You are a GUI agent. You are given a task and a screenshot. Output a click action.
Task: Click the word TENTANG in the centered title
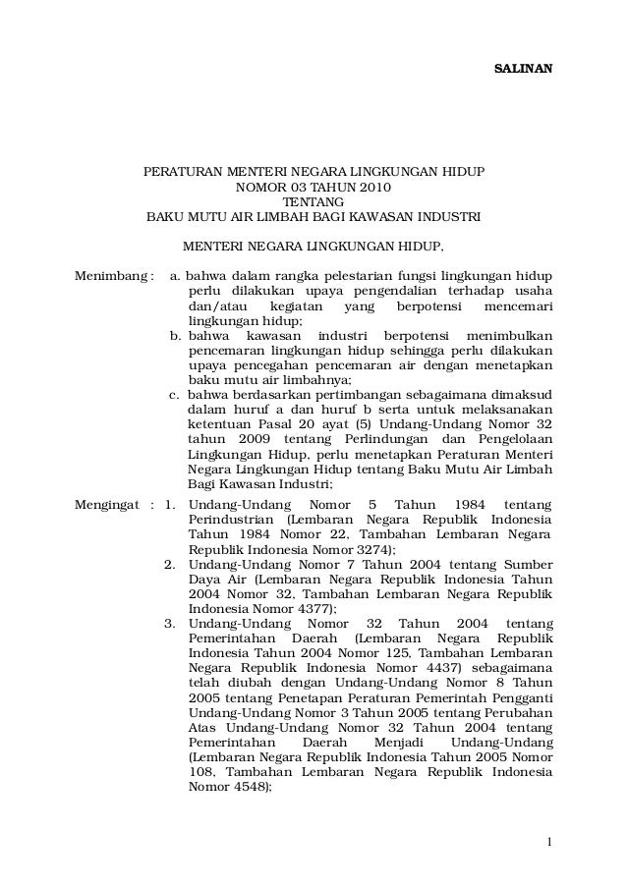[313, 202]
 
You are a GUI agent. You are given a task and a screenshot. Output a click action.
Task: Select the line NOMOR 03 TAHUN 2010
[313, 187]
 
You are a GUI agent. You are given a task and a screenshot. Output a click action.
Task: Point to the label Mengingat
[108, 505]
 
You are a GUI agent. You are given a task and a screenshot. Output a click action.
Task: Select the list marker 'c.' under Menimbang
[177, 395]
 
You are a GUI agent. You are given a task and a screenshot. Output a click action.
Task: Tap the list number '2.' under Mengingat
[171, 565]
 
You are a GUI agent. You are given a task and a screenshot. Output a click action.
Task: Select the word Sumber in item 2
[528, 565]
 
